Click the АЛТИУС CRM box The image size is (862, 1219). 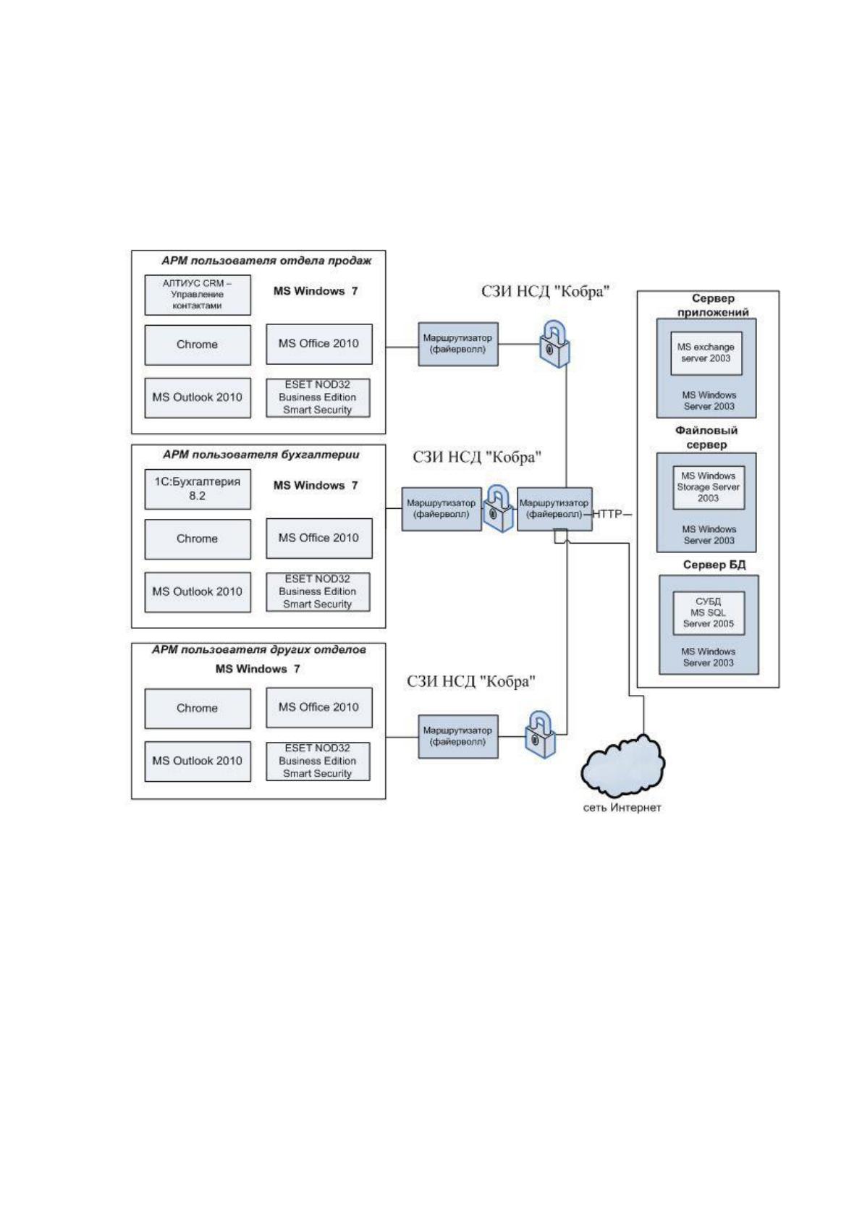198,295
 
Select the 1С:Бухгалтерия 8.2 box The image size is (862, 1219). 198,489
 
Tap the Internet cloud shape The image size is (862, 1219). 622,767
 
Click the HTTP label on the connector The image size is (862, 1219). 607,514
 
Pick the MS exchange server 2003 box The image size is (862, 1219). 706,353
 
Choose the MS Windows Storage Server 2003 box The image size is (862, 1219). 708,487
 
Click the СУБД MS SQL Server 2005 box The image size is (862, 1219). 708,613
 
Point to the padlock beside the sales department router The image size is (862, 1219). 554,345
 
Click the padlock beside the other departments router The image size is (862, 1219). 541,735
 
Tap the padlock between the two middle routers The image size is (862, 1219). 499,509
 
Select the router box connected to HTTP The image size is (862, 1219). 554,509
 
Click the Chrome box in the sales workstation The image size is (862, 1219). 198,345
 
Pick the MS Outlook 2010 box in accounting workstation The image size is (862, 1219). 198,592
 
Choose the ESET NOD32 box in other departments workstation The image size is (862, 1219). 318,762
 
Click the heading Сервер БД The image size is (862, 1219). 714,565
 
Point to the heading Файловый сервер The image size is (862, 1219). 706,437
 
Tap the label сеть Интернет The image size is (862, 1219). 622,808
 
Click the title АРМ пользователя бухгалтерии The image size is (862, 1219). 261,455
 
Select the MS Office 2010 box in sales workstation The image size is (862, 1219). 319,344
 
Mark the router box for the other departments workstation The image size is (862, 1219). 457,736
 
